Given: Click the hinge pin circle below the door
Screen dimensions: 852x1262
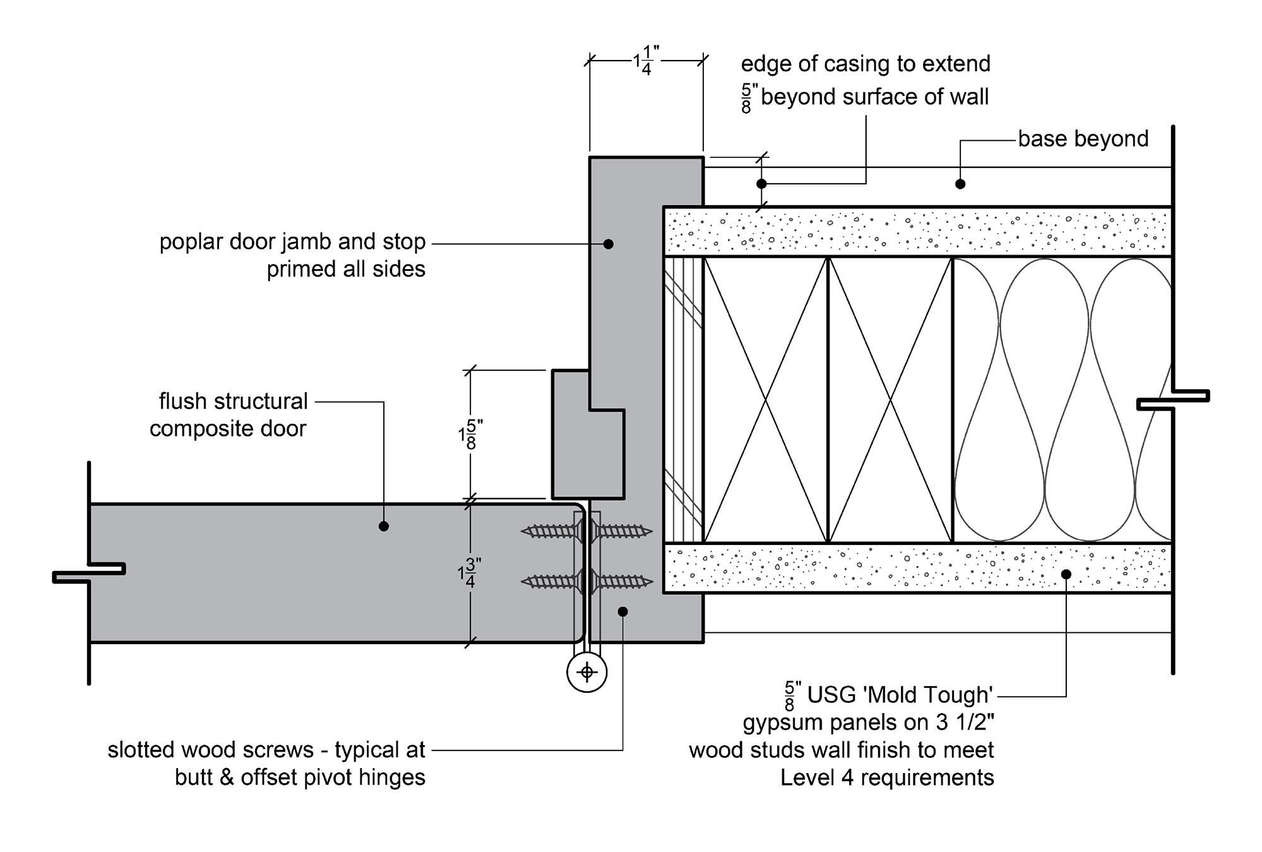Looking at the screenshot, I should click(x=587, y=672).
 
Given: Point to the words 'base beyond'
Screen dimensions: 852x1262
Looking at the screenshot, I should click(x=1083, y=139).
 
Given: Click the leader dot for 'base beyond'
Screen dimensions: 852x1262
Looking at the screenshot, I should click(x=960, y=184).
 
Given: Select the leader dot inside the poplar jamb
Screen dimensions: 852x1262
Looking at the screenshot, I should click(x=609, y=244).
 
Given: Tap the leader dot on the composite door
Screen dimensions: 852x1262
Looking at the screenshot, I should click(x=384, y=526).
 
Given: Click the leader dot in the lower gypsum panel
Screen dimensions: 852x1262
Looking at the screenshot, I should click(x=1066, y=574).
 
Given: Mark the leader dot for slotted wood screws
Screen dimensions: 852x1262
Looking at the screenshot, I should click(x=622, y=611).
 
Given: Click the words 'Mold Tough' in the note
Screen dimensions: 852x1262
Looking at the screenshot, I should click(x=928, y=695).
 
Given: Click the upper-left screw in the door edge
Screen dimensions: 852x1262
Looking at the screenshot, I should click(x=549, y=531).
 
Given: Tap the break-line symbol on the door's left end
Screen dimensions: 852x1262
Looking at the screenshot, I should click(x=88, y=573).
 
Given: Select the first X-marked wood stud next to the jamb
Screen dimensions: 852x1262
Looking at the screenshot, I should click(x=765, y=399).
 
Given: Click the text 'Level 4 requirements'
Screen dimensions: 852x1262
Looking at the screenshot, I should click(x=886, y=777).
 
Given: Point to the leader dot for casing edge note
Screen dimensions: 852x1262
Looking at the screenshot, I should click(x=761, y=184).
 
